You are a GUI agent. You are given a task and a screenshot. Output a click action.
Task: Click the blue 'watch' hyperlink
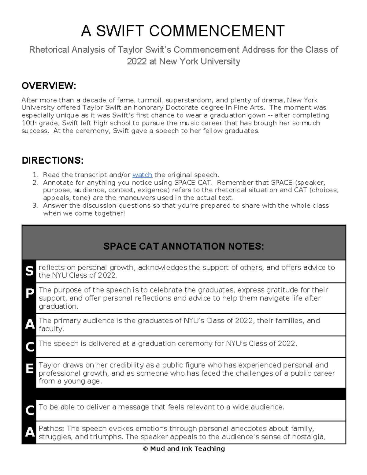coord(142,175)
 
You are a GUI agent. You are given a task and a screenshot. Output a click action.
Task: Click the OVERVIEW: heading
coord(49,86)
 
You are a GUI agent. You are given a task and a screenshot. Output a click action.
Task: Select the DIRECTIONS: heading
coord(53,161)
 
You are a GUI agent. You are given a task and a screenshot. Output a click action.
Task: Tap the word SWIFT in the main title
coord(120,31)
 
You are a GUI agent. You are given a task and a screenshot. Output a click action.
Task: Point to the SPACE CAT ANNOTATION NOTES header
coord(183,246)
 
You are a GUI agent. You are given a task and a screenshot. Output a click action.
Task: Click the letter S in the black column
coord(29,271)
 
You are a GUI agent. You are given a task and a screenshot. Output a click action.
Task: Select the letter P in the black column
coord(29,294)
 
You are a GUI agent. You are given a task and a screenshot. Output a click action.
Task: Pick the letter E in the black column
coord(29,369)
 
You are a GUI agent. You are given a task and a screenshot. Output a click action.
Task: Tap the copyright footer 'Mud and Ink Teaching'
coord(184,449)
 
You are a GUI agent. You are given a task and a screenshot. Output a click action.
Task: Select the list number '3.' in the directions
coord(35,206)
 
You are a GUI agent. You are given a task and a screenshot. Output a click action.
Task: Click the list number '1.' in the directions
coord(35,175)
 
